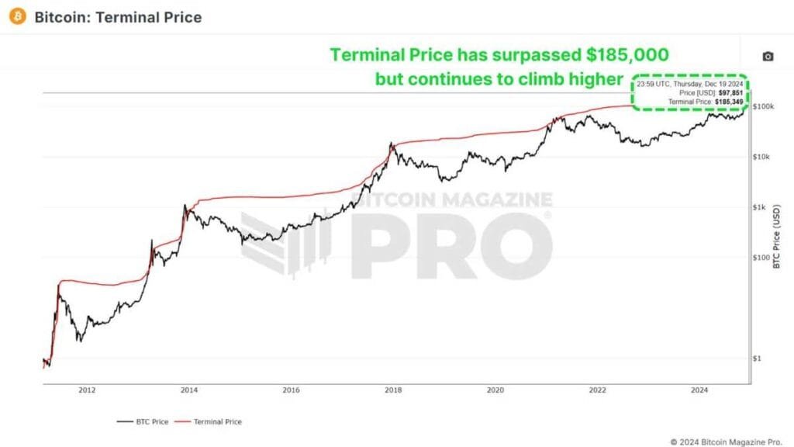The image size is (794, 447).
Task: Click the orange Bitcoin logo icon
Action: point(18,16)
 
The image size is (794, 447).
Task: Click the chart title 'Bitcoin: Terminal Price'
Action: point(118,17)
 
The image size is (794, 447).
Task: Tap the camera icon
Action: point(767,57)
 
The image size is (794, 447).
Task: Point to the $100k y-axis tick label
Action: point(764,106)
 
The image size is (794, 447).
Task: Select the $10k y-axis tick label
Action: point(762,157)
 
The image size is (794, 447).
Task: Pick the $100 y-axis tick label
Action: point(761,258)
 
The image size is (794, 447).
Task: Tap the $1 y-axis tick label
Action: point(758,359)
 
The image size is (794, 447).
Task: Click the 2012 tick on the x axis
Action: point(87,391)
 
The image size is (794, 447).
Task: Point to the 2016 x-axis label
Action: point(292,391)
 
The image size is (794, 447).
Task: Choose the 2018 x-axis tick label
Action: point(393,391)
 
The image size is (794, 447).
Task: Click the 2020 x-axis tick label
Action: point(495,391)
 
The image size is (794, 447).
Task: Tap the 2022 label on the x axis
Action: point(598,391)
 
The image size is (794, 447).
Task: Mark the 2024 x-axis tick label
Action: point(699,391)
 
